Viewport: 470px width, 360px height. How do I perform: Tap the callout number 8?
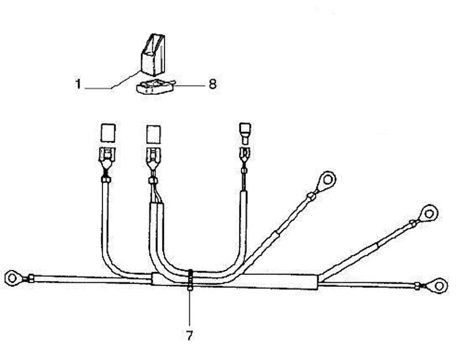pos(212,84)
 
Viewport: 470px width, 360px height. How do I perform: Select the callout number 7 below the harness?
pos(190,335)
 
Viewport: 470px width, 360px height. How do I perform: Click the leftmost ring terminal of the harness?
pos(13,277)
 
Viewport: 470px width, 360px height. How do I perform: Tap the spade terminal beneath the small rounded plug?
pos(245,155)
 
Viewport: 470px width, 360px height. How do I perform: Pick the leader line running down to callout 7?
pos(190,310)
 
